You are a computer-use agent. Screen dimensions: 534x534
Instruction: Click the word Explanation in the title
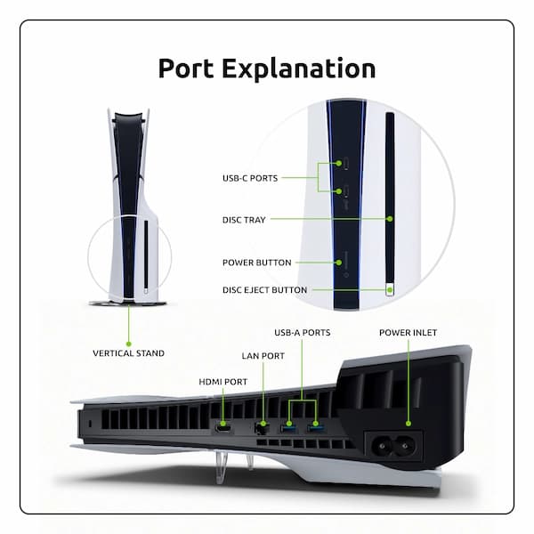coord(303,69)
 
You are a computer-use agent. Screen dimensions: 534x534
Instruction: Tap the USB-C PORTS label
coord(250,178)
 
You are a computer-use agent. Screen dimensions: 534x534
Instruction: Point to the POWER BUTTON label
coord(256,263)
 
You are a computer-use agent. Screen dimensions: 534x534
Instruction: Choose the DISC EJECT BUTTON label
coord(265,290)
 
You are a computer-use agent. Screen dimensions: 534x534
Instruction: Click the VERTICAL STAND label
coord(128,353)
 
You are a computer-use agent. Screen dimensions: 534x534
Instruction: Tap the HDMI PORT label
coord(222,382)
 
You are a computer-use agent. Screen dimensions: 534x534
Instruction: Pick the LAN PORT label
coord(263,355)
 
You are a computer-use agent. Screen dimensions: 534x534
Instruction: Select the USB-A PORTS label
coord(303,332)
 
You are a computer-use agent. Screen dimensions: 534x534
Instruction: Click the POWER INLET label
coord(409,332)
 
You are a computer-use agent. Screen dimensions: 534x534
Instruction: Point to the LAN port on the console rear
coord(263,429)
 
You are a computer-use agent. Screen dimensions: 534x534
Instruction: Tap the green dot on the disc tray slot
coord(390,219)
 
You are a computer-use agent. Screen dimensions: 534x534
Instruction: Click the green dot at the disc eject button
coord(389,289)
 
